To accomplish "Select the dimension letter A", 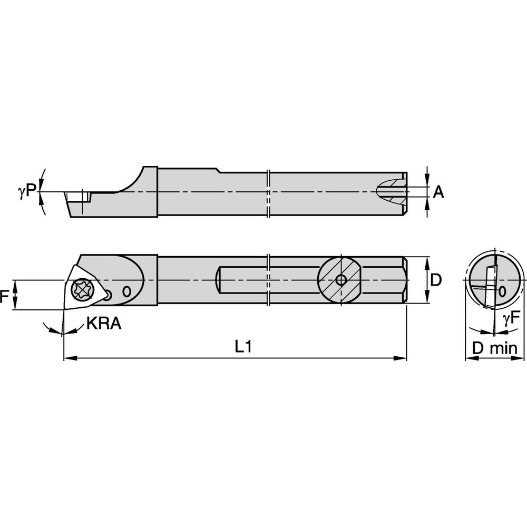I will point(438,193).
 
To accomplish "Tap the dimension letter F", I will point(5,296).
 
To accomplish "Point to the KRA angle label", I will point(104,323).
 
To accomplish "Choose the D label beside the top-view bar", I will point(435,280).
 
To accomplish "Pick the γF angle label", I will point(510,318).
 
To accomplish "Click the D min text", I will point(494,348).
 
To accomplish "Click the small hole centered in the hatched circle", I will point(341,280).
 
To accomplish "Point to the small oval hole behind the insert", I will point(127,291).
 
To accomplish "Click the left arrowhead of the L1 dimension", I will point(67,358).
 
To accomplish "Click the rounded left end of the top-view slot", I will point(219,280).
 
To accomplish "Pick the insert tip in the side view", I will point(65,194).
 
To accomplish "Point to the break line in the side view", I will point(269,193).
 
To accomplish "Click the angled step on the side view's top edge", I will point(219,170).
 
